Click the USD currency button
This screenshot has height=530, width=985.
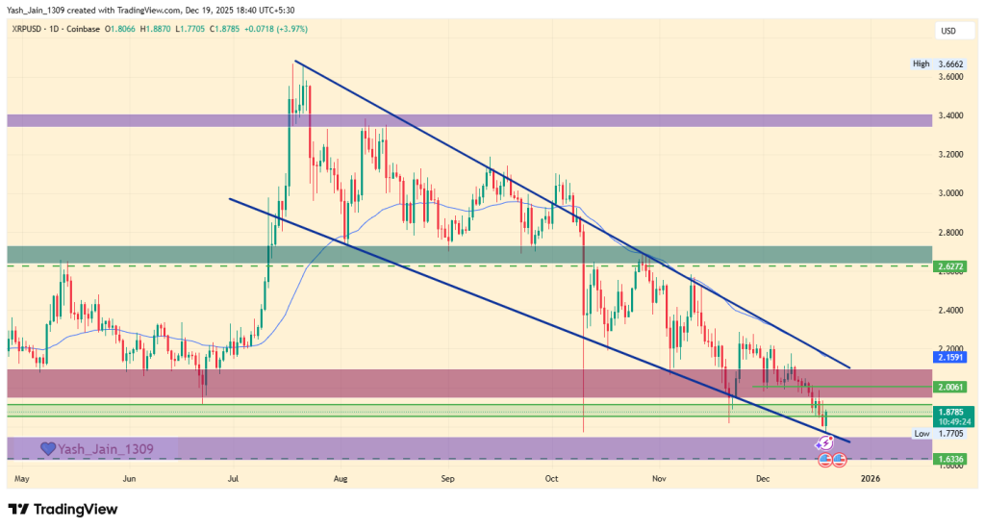click(x=949, y=32)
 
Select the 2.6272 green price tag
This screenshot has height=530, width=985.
click(x=950, y=265)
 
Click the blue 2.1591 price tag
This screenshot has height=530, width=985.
click(x=950, y=357)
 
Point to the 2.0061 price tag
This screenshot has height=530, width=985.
click(x=950, y=387)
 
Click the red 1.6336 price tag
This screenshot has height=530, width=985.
click(x=950, y=459)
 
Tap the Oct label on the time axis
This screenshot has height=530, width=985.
click(x=551, y=477)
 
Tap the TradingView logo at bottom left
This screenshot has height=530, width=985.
click(x=63, y=509)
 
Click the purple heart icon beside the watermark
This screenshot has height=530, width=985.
click(x=48, y=448)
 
